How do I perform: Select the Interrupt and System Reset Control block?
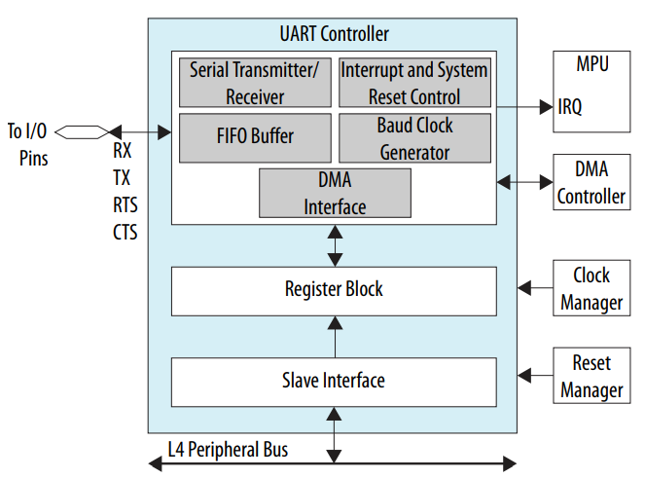pos(413,83)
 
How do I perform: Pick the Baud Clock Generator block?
pos(413,138)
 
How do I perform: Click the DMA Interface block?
pos(335,193)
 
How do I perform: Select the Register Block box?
pos(334,289)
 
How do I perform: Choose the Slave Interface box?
pos(334,381)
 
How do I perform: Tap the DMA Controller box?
pos(591,181)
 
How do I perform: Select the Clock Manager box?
pos(591,288)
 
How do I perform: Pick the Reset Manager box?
pos(591,377)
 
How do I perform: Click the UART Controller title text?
pos(334,34)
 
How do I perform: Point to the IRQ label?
pos(570,107)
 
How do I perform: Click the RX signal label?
pos(123,151)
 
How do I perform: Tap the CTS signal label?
pos(125,233)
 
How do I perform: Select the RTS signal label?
pos(125,205)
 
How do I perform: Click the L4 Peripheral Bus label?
pos(227,450)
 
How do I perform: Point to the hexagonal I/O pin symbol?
pos(86,130)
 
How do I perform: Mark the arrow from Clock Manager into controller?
pos(535,288)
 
